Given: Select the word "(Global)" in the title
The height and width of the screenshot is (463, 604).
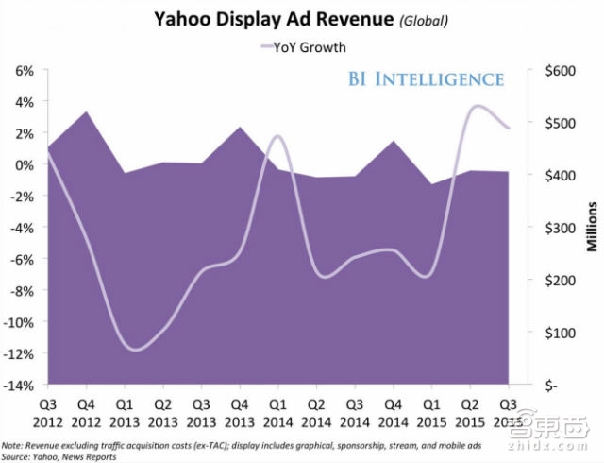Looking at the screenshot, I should [x=383, y=19].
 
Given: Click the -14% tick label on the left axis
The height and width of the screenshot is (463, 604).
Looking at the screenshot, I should [x=21, y=386].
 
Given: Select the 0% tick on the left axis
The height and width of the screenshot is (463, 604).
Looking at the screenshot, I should [x=25, y=164].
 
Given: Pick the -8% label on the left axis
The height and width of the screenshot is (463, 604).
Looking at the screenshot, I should [x=24, y=291].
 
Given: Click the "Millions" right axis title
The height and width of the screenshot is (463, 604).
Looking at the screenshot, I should [x=592, y=228].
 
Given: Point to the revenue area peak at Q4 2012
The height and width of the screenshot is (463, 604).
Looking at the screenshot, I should [x=86, y=112].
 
